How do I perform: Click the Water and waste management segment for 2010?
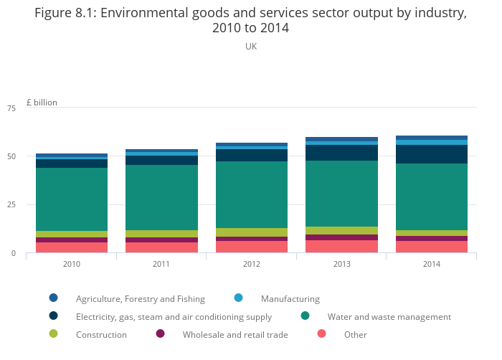(72, 199)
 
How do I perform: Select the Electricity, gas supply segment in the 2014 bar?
(431, 154)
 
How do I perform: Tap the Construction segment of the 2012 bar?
(252, 232)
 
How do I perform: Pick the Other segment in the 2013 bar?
(341, 246)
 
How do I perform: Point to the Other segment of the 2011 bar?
(161, 247)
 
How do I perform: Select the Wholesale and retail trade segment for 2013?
(341, 237)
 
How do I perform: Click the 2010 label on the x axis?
(72, 264)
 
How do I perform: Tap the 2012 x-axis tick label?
(252, 264)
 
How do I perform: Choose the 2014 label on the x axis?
(431, 264)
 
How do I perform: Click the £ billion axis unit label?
(42, 103)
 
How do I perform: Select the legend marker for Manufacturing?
(239, 298)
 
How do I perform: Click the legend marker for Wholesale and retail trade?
(160, 333)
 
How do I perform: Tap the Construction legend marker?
(53, 333)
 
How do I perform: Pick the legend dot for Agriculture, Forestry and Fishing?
(53, 298)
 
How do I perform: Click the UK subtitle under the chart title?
(251, 47)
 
